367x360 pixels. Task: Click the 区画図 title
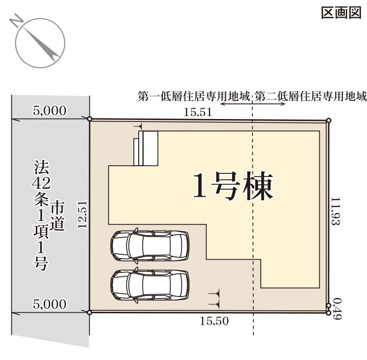[341, 13]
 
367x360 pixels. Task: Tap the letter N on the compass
[16, 21]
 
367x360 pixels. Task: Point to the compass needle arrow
[41, 43]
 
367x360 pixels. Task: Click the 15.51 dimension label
[198, 112]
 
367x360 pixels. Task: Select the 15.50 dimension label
[214, 321]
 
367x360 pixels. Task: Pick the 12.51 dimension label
[82, 214]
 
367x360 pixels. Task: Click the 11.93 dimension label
[335, 211]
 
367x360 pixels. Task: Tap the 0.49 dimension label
[337, 308]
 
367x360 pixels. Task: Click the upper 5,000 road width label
[49, 111]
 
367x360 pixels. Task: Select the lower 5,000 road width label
[49, 304]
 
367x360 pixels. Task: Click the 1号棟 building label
[233, 186]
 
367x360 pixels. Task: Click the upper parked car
[150, 245]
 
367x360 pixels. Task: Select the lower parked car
[150, 285]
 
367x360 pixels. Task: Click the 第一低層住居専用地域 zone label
[194, 96]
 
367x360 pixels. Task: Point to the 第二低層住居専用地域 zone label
[310, 96]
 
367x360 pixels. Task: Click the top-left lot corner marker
[90, 119]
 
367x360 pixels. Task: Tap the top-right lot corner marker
[329, 120]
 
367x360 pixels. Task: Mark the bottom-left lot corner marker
[89, 312]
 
